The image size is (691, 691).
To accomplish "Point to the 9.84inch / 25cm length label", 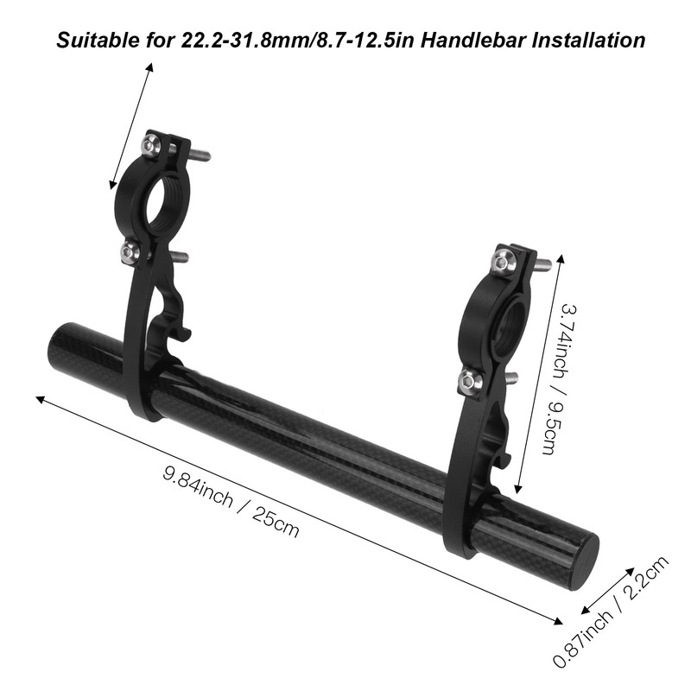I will pos(231,502).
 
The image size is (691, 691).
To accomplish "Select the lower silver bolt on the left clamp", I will pos(130,252).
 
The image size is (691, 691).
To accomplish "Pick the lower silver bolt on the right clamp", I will pos(468,379).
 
